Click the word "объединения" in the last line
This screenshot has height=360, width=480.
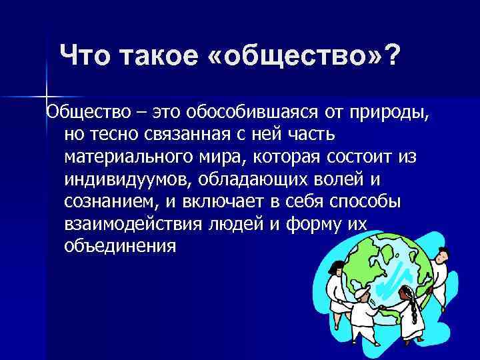pyautogui.click(x=121, y=247)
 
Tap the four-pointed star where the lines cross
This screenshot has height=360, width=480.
pyautogui.click(x=46, y=95)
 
